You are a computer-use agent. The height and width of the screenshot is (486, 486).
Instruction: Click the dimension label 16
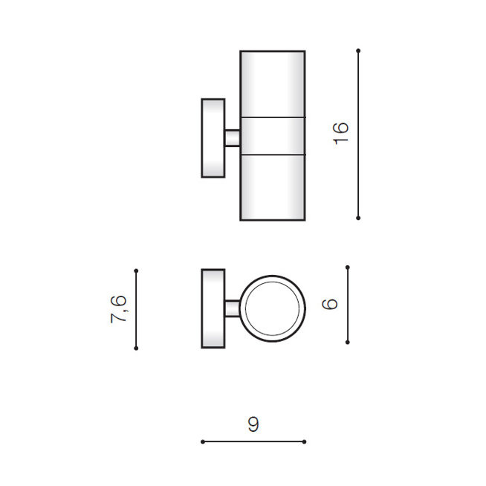pyautogui.click(x=340, y=134)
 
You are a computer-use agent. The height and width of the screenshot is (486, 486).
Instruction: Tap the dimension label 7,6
pyautogui.click(x=119, y=309)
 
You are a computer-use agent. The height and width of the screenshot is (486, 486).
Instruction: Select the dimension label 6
pyautogui.click(x=330, y=304)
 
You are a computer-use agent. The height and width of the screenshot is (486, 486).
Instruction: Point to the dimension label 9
pyautogui.click(x=253, y=424)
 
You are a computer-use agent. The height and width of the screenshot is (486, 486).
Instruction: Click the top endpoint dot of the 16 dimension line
pyautogui.click(x=358, y=51)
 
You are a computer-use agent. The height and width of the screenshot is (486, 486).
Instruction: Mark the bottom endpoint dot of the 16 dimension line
pyautogui.click(x=358, y=218)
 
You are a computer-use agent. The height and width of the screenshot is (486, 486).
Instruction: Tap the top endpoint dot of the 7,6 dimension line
pyautogui.click(x=136, y=270)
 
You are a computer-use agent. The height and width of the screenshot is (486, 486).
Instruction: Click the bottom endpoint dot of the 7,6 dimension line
pyautogui.click(x=136, y=348)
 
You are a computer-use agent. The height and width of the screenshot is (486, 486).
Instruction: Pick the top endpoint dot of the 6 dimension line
pyautogui.click(x=348, y=268)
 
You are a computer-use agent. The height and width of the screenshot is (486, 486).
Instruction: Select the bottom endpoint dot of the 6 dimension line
pyautogui.click(x=348, y=342)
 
